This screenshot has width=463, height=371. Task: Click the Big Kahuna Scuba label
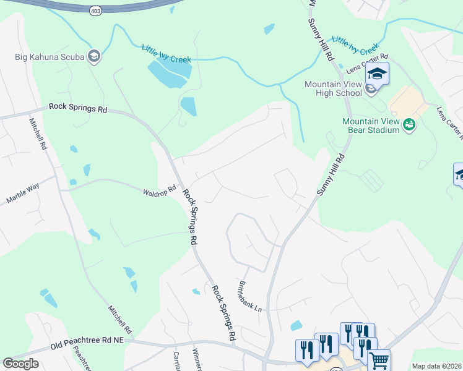coord(50,58)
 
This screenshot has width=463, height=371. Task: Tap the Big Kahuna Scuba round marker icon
coord(94,57)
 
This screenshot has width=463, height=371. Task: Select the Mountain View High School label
coord(332,88)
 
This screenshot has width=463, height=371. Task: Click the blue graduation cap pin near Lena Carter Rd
coord(376,75)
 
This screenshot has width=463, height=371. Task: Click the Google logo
coord(20,364)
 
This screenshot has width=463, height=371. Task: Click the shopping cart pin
coord(379,360)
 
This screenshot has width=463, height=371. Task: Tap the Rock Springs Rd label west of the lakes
coord(77,109)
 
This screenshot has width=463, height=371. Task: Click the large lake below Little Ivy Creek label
coord(168,75)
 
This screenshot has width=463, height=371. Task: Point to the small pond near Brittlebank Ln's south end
coord(296,325)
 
